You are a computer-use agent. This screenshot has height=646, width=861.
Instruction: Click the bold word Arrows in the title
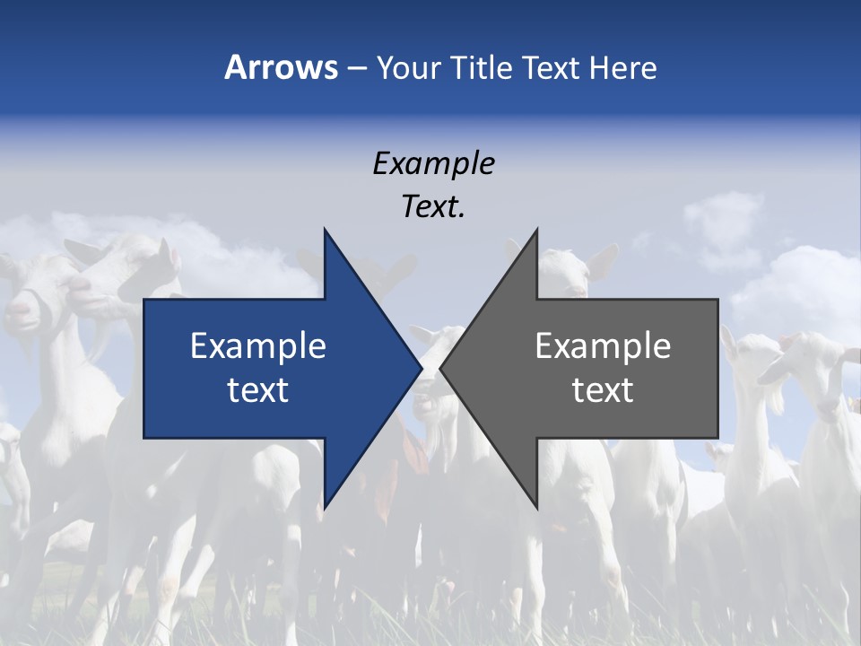click(281, 67)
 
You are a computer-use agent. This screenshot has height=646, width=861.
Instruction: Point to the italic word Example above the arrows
click(433, 163)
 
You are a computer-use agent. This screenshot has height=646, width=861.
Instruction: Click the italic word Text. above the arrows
click(433, 207)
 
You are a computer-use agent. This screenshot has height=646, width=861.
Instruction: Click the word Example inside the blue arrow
click(258, 346)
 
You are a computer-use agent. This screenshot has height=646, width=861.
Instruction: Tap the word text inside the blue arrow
click(258, 390)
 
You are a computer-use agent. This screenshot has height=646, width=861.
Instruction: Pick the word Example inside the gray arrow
click(603, 346)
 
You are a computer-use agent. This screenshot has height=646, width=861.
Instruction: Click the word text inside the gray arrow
click(603, 390)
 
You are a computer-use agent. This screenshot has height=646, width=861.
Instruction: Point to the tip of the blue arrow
click(421, 369)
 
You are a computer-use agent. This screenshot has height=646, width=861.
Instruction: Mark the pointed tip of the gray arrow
click(441, 369)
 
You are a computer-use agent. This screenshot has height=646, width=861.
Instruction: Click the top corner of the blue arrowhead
click(325, 231)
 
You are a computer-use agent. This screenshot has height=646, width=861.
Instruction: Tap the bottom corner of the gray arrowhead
click(536, 507)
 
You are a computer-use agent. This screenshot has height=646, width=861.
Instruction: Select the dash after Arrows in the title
click(356, 68)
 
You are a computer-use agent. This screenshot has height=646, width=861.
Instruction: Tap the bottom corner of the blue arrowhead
click(325, 507)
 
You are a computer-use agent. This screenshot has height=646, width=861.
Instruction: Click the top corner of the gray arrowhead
click(536, 231)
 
